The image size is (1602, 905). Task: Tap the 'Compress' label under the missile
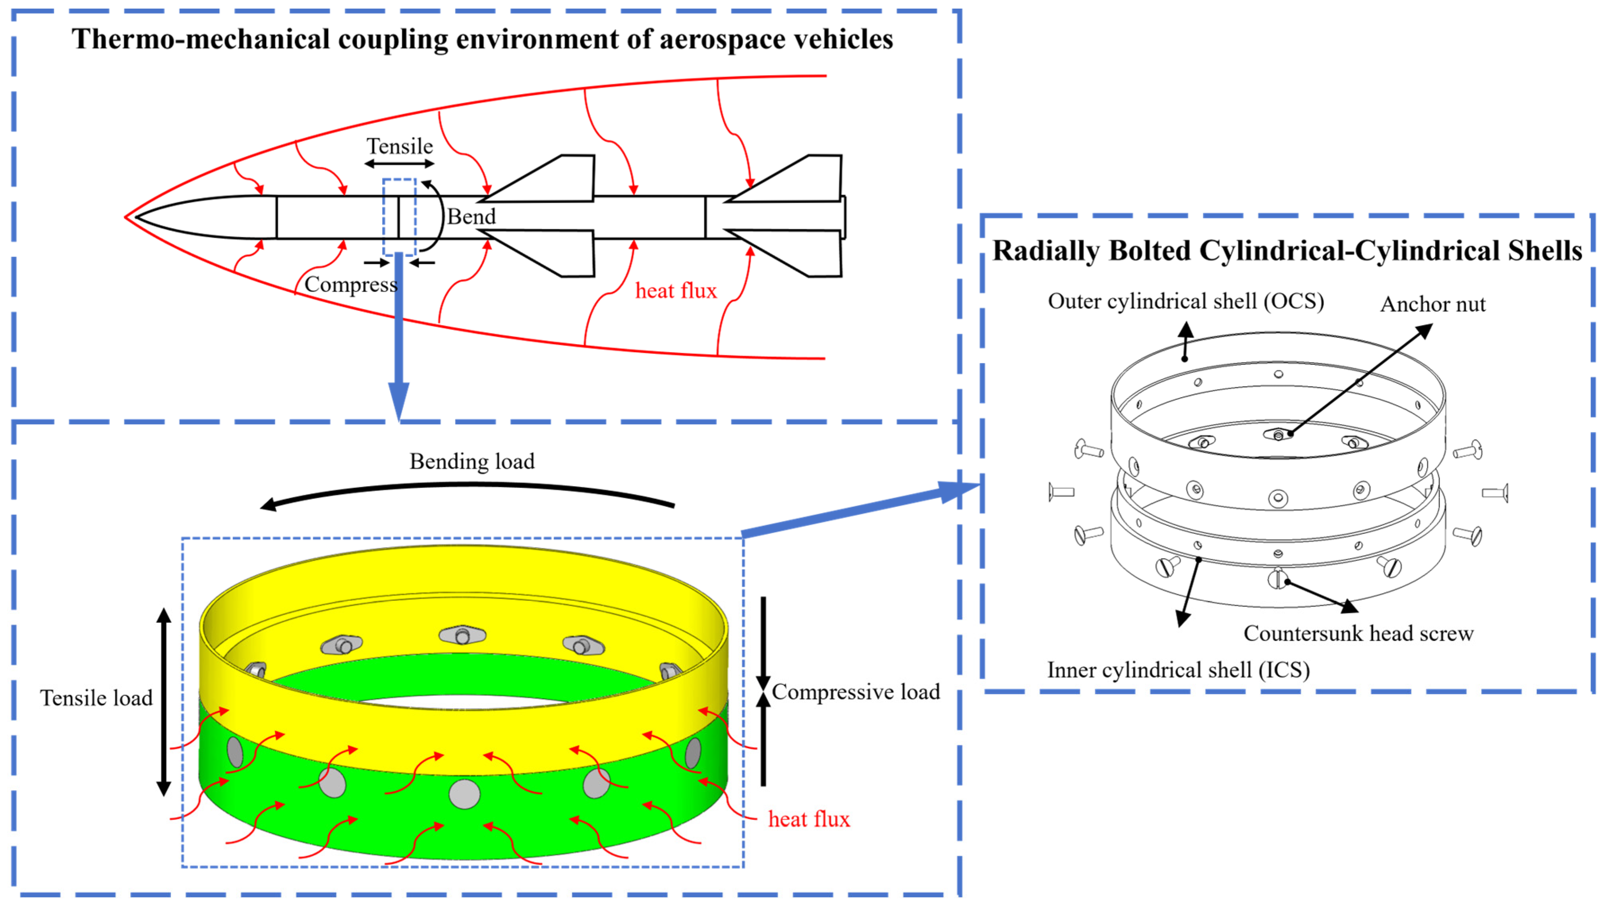coord(351,285)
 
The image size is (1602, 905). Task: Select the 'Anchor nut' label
coord(1432,304)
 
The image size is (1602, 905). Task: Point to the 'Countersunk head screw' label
coord(1358,633)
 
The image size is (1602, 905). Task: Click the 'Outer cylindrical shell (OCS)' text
coord(1185,301)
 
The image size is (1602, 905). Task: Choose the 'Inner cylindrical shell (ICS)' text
coord(1178,670)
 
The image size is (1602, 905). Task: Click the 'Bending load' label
coord(472,461)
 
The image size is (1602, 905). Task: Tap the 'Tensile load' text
coord(97,698)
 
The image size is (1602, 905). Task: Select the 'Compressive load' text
coord(856,692)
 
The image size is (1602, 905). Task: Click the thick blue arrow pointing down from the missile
coord(399,336)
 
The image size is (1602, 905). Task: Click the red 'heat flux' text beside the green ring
coord(808,819)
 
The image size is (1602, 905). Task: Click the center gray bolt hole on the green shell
coord(464,794)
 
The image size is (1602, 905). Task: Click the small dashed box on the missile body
coord(399,218)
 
